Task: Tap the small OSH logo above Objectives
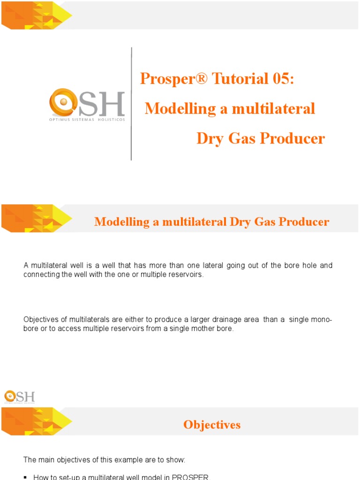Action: pos(20,396)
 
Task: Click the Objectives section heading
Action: pos(212,425)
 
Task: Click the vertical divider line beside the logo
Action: pos(131,103)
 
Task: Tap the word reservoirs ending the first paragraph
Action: pos(186,275)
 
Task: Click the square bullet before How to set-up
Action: pos(25,477)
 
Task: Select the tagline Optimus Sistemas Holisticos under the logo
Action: pos(87,120)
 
